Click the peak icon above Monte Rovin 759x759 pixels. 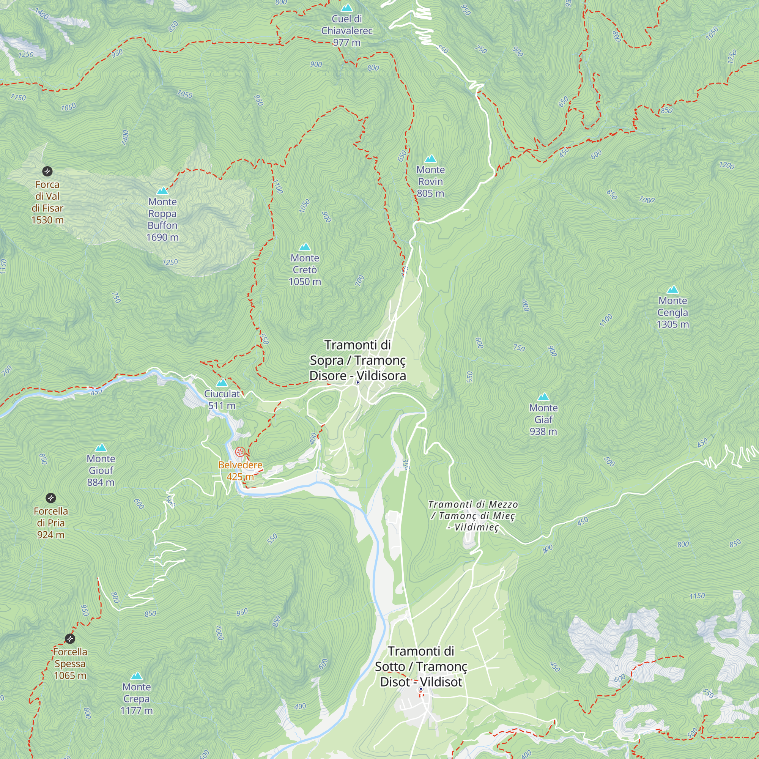[x=431, y=159]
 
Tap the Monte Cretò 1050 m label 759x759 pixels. [x=305, y=269]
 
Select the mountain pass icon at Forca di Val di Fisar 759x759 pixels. [x=47, y=171]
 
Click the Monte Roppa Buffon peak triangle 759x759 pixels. [x=162, y=191]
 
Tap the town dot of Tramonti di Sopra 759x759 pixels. [x=357, y=382]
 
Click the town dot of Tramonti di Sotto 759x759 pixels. [x=421, y=688]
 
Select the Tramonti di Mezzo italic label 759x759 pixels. [x=472, y=515]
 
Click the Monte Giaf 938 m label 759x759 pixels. [x=543, y=419]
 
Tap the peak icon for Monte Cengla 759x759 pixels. [x=672, y=290]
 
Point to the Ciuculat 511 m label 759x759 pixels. [x=222, y=399]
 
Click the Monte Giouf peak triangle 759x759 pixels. [x=101, y=447]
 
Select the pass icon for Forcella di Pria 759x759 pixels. [x=51, y=498]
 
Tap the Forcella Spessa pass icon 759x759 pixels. [x=70, y=638]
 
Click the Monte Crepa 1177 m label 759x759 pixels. [x=136, y=699]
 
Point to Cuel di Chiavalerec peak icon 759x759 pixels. [x=346, y=8]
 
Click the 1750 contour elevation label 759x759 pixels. [x=18, y=97]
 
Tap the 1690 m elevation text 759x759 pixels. [x=162, y=237]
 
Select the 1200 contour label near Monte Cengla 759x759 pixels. [x=726, y=165]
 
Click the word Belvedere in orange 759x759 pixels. [x=240, y=465]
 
